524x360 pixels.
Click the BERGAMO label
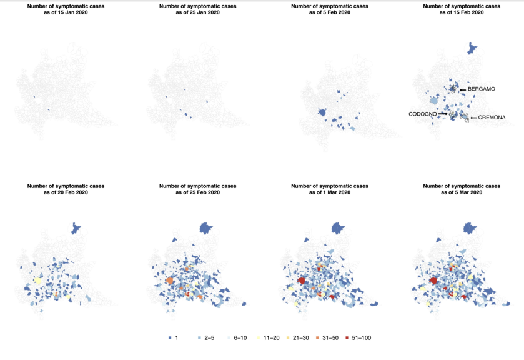pos(482,89)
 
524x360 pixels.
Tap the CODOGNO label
pos(422,114)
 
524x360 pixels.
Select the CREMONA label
pos(492,117)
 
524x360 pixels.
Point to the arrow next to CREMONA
pos(473,117)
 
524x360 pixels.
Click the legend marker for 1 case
pos(170,338)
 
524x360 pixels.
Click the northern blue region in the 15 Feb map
pos(473,49)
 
